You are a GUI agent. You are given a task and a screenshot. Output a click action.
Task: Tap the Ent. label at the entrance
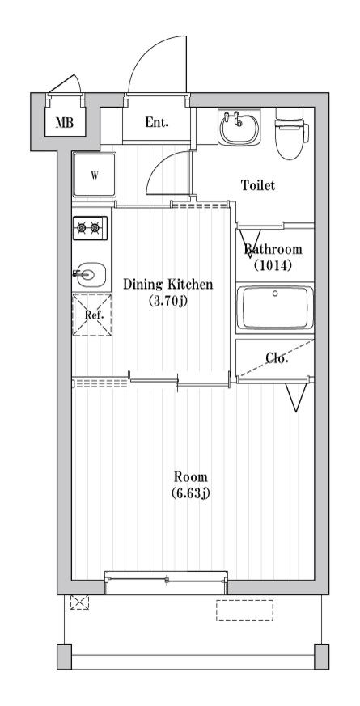[x=157, y=123]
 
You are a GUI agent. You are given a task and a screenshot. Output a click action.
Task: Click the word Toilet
[x=258, y=185]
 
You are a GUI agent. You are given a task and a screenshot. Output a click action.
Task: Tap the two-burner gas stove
[x=91, y=229]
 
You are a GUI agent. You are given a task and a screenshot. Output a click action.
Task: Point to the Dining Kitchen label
[x=167, y=284]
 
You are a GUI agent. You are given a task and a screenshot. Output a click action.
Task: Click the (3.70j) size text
[x=167, y=302]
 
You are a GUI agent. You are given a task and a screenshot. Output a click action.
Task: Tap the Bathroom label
[x=273, y=249]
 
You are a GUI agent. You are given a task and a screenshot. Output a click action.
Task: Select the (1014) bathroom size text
[x=273, y=265]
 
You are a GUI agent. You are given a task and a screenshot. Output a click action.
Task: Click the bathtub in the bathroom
[x=275, y=307]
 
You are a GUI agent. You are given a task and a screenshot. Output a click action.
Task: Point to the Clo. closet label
[x=277, y=358]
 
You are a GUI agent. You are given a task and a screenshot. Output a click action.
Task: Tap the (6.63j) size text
[x=191, y=493]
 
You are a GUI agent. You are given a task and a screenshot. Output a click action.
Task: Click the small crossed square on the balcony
[x=79, y=602]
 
